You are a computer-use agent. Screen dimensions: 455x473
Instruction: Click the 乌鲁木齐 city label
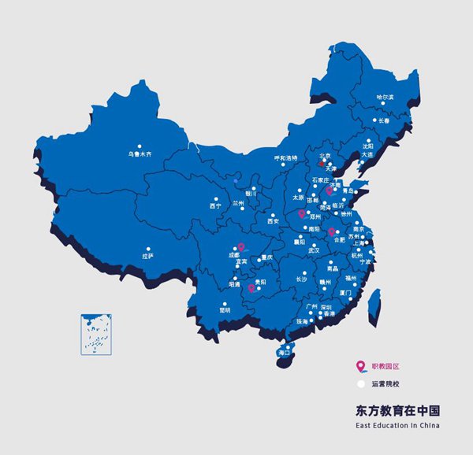pos(140,154)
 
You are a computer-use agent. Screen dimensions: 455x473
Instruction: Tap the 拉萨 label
pos(147,256)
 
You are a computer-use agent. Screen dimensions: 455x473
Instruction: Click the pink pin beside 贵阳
pos(251,287)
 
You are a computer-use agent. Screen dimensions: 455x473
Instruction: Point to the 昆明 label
pos(225,310)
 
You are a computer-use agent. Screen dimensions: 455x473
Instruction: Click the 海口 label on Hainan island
pos(284,353)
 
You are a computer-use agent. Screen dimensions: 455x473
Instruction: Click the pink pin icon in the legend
pos(360,366)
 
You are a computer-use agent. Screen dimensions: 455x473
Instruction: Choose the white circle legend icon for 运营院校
pos(360,384)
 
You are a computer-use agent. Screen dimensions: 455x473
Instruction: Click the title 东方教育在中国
pos(397,411)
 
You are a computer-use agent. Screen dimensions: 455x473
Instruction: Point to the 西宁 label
pos(215,206)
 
